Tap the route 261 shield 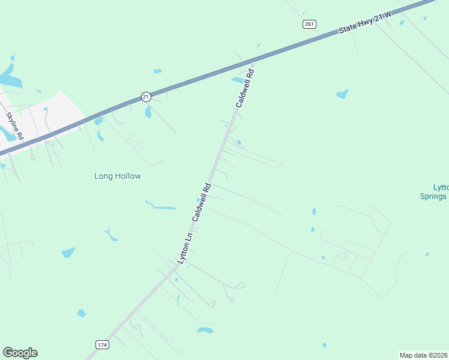[309, 24]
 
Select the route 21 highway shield [146, 96]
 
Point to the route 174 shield [102, 344]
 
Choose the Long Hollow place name [118, 176]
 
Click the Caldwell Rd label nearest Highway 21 [245, 88]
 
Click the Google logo [20, 353]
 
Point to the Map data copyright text [424, 355]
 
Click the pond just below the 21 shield [148, 112]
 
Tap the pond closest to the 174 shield [81, 313]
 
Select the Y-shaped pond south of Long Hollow [110, 233]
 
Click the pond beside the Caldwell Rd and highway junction [238, 80]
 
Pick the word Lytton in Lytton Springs [441, 187]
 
